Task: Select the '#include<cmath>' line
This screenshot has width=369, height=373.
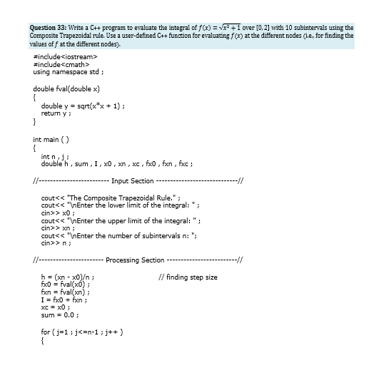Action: (59, 64)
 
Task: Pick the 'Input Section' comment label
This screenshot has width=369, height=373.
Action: (133, 180)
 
